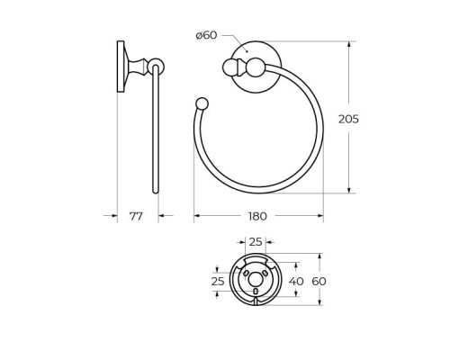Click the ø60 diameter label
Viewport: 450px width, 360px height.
206,35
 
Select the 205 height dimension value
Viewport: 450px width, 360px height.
348,120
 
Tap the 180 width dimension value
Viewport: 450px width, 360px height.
257,216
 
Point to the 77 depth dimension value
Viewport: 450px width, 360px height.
136,216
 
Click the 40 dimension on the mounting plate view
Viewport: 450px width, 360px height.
296,282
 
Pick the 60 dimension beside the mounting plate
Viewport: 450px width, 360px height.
319,282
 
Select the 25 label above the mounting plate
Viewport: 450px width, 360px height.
256,242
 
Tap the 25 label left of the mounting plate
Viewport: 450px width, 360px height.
218,282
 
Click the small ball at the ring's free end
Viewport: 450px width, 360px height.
202,103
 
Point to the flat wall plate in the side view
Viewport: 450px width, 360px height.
121,67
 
